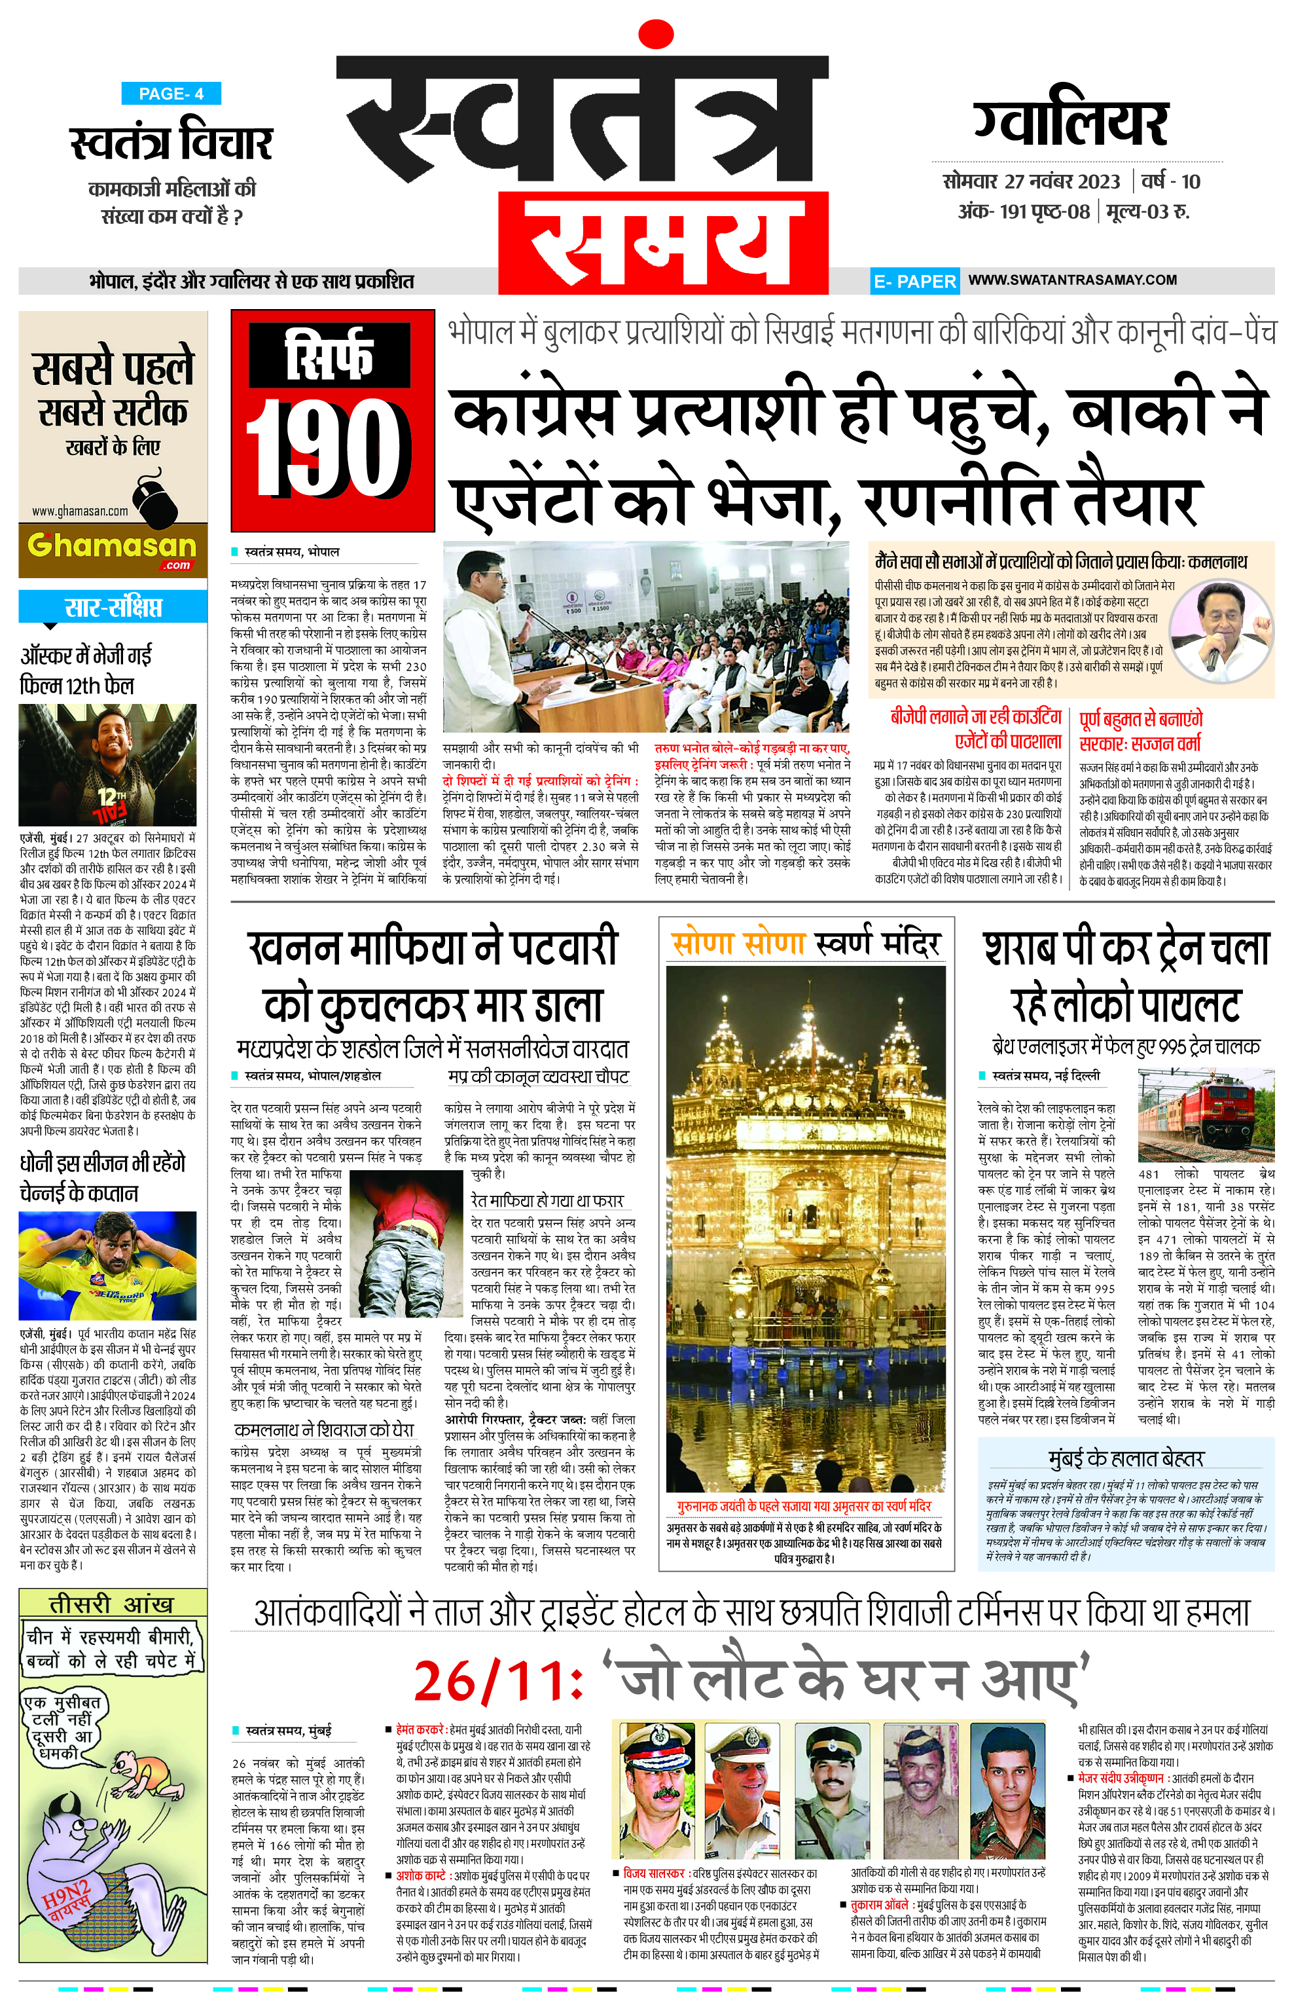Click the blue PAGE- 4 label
(171, 94)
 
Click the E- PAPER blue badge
(914, 282)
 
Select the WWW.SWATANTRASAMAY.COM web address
(1072, 280)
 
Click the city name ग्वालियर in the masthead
(1071, 124)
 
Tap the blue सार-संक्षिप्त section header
(113, 607)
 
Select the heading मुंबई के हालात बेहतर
(1126, 1458)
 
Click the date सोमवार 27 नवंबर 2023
(1031, 181)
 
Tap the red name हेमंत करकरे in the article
(420, 1729)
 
